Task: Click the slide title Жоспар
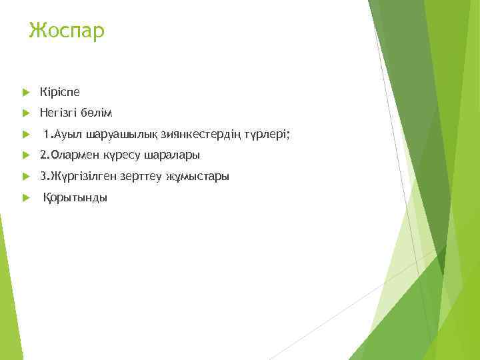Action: click(x=67, y=31)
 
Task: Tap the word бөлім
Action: click(x=98, y=113)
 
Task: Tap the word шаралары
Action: click(x=171, y=155)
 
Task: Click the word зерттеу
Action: click(x=146, y=177)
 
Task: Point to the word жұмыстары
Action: click(x=199, y=177)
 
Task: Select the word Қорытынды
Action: click(x=75, y=198)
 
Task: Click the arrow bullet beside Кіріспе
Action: click(x=25, y=91)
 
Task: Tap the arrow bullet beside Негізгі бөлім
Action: click(x=25, y=113)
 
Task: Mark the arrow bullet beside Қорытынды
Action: click(x=25, y=198)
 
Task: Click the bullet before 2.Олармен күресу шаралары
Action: click(x=25, y=155)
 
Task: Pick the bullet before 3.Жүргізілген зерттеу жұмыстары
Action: click(x=25, y=177)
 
